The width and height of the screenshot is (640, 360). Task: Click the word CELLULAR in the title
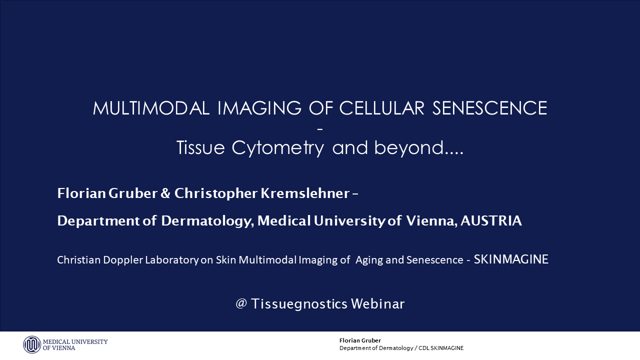pos(381,108)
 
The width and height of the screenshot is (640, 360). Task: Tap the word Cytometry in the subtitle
pos(277,148)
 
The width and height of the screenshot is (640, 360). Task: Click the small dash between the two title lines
pos(320,129)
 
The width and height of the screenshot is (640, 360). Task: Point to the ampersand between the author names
pos(165,193)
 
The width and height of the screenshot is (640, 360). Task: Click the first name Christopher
pos(215,193)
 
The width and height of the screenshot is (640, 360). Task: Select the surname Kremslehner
pos(305,193)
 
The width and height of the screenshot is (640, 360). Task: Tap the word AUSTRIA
pos(491,220)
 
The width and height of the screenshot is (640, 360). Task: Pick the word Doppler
pos(123,260)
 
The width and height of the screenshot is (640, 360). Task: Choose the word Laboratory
pos(171,260)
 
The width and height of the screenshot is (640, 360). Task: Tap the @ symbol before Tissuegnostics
pos(241,303)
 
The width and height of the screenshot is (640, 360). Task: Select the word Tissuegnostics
pos(299,304)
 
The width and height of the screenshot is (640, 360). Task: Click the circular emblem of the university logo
pos(32,344)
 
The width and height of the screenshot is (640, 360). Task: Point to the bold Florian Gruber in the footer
pos(360,340)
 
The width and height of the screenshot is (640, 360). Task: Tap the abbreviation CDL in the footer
pos(423,348)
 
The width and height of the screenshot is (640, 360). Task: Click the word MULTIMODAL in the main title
pos(151,108)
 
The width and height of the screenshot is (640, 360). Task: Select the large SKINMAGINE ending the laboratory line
pos(511,259)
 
